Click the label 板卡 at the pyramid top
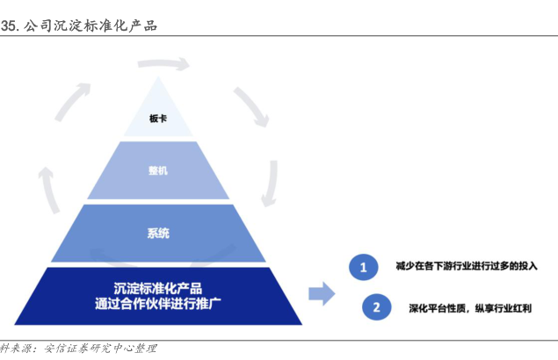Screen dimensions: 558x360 tap(158, 119)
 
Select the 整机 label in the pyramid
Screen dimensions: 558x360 tap(158, 170)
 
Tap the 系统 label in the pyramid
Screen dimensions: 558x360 tap(158, 233)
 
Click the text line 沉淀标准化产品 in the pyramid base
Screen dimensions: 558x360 tap(158, 288)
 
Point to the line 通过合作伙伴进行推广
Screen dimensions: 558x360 tap(158, 304)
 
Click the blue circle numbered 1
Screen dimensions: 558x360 tap(363, 267)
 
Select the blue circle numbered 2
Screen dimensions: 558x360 tap(376, 307)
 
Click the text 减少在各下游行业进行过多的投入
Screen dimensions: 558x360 tap(467, 266)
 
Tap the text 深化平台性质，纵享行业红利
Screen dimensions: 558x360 tap(470, 308)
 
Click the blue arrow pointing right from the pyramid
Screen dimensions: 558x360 tap(322, 294)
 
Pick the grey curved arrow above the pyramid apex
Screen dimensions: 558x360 tap(163, 64)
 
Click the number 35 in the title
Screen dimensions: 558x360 tap(8, 26)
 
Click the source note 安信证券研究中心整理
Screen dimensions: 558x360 tap(100, 349)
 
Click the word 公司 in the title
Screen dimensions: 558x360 tap(38, 25)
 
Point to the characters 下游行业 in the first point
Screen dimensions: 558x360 tap(453, 266)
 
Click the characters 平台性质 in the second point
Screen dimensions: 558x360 tap(446, 308)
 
